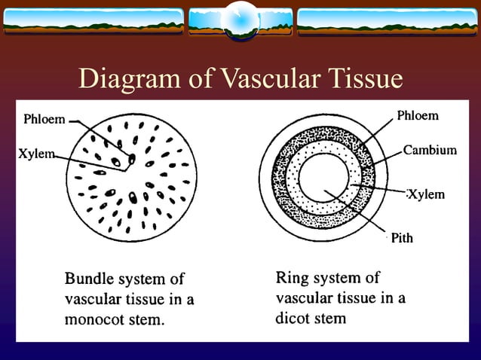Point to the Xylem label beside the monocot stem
point(36,154)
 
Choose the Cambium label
point(430,150)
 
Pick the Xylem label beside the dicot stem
point(426,194)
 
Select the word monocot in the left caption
point(93,319)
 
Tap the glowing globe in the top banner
point(240,20)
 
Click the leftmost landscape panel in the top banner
point(93,22)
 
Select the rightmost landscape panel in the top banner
point(388,22)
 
